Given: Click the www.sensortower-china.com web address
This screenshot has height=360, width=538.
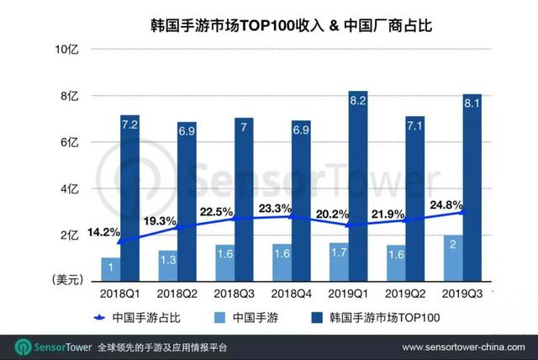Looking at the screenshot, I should [464, 347].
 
